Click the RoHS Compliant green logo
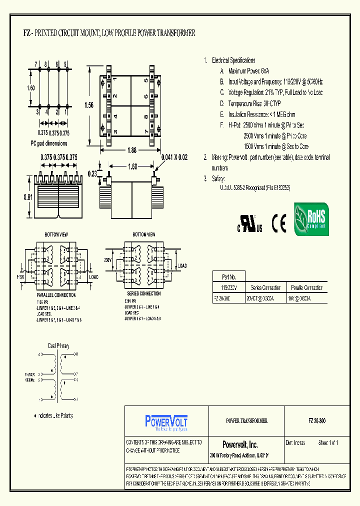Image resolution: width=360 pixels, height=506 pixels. click(310, 219)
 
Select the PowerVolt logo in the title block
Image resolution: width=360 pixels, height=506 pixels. click(166, 421)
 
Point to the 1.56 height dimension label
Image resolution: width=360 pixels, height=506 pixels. click(89, 105)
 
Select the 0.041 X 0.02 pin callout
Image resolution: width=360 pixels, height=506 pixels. click(174, 157)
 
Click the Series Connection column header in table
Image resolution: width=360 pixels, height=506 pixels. click(265, 287)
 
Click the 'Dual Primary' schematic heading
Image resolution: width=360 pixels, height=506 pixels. click(58, 346)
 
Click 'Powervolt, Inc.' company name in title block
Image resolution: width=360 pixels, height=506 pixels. click(240, 444)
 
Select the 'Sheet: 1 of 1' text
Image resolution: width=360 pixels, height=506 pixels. click(328, 443)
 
